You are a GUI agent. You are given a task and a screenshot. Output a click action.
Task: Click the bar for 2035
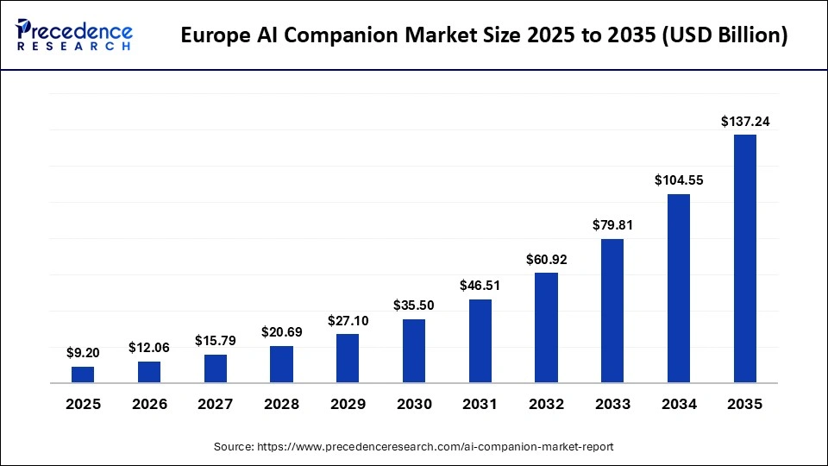pos(744,258)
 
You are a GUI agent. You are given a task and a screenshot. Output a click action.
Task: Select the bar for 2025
pos(83,375)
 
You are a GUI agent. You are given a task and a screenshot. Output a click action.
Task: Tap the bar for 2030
pos(414,350)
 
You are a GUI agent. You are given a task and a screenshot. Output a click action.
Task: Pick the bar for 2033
pos(612,311)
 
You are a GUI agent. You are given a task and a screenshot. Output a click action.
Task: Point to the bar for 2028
pos(281,364)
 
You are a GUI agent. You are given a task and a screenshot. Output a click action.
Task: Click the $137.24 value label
pos(744,123)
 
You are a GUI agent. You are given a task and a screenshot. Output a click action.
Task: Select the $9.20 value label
pos(83,353)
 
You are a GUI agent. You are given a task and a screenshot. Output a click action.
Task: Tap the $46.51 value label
pos(480,286)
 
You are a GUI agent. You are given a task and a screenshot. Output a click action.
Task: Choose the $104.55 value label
pos(678,180)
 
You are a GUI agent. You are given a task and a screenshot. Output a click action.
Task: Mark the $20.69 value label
pos(281,332)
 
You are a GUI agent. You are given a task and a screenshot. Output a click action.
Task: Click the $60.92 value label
pos(546,259)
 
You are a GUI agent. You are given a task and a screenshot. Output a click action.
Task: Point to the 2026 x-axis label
pos(149,404)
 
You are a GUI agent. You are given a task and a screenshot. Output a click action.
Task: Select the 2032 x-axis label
pos(546,404)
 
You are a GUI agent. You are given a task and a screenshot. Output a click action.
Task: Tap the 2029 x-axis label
pos(348,404)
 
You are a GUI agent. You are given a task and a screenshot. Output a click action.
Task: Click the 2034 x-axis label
pos(678,404)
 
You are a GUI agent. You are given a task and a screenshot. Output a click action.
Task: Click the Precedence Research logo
pos(74,35)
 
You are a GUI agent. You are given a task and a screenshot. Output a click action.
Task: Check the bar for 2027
pos(216,368)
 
